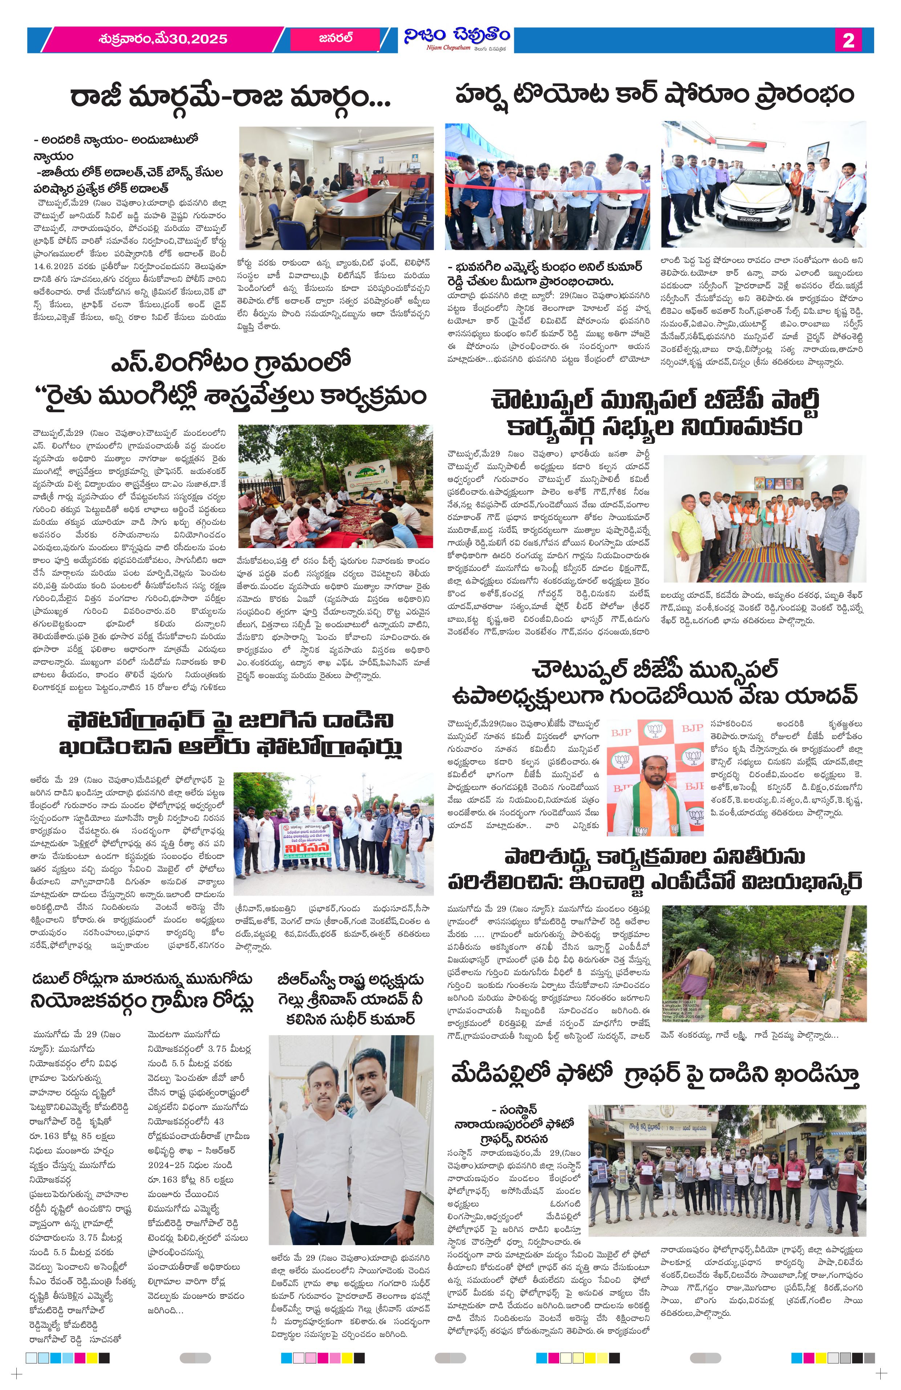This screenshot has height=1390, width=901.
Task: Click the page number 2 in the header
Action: pyautogui.click(x=848, y=40)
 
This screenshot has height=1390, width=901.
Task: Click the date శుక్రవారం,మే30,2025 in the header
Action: pyautogui.click(x=163, y=39)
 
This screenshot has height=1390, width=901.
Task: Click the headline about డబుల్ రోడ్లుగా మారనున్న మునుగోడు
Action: pyautogui.click(x=142, y=989)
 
